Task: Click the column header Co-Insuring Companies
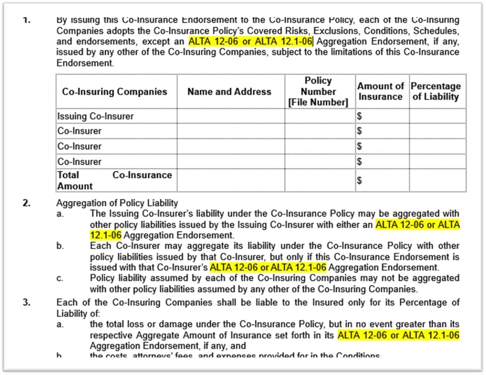click(115, 92)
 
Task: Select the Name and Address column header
click(229, 92)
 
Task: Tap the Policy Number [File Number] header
click(318, 92)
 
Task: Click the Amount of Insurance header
click(380, 91)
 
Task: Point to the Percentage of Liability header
click(436, 91)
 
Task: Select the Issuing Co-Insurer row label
click(95, 116)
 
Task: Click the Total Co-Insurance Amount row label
click(114, 180)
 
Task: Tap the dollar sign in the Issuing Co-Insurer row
click(359, 117)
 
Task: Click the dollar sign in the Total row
click(359, 180)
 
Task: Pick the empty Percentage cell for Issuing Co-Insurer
click(437, 116)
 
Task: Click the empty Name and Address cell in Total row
click(230, 180)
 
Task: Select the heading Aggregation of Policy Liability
click(117, 203)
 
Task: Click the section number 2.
click(27, 203)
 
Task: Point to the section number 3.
click(27, 303)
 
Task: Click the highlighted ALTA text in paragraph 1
click(250, 42)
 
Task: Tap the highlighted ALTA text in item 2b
click(269, 268)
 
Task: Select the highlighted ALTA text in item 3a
click(399, 335)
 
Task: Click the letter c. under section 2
click(60, 278)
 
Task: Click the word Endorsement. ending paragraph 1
click(85, 63)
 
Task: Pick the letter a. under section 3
click(60, 324)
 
